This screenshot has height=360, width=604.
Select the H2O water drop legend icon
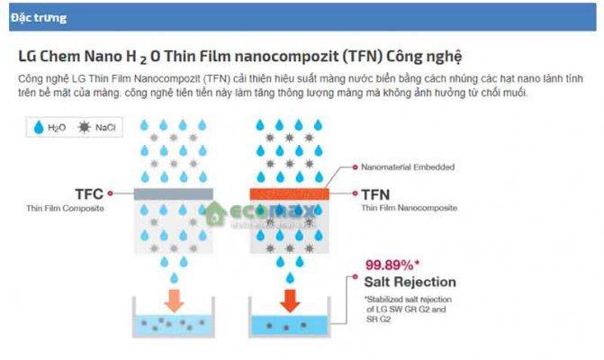tap(37, 129)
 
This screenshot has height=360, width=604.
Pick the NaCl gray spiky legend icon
tap(85, 129)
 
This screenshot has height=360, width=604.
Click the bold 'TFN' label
tap(376, 192)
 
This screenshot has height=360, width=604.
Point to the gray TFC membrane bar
tap(173, 193)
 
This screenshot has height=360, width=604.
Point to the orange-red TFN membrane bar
tap(288, 193)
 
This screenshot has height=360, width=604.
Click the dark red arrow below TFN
tap(288, 299)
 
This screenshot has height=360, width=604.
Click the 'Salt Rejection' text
tap(411, 282)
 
